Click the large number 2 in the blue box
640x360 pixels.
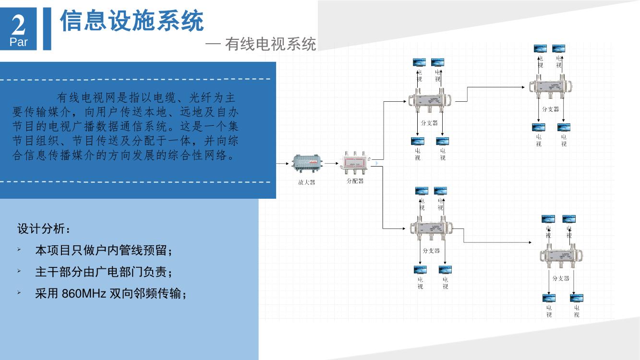point(18,24)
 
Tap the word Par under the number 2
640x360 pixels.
point(19,42)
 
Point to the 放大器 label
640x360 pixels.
point(306,182)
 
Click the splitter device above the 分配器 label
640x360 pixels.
point(355,163)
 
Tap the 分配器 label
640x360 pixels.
point(355,181)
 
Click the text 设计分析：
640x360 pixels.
point(44,229)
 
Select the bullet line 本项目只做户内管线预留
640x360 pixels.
point(103,251)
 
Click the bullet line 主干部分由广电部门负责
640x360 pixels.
point(103,272)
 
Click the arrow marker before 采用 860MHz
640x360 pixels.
point(19,292)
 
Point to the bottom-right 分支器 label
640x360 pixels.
point(561,278)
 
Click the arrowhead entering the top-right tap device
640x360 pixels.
point(524,87)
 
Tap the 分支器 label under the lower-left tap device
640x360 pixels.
point(431,251)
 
